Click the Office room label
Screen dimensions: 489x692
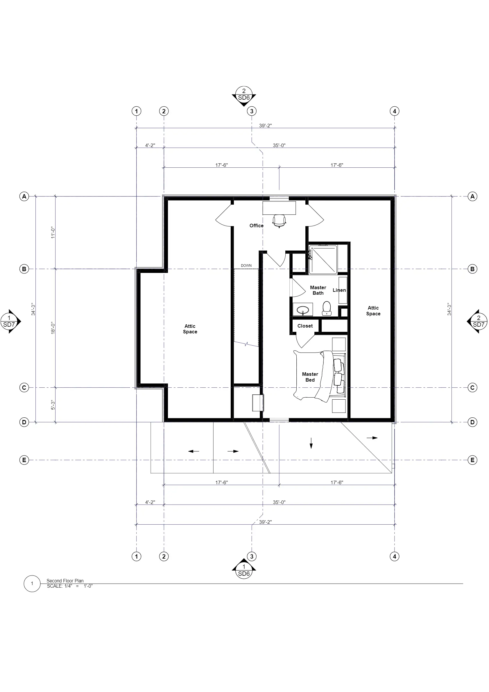256,226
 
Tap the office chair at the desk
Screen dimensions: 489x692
279,221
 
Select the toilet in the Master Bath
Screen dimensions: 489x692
327,308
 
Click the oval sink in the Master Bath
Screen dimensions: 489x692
303,310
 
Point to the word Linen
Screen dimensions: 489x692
339,290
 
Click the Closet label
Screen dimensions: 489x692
305,326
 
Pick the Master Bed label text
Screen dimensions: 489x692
310,377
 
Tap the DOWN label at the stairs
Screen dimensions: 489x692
246,266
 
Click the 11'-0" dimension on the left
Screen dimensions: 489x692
53,233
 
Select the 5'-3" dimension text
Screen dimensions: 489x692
53,405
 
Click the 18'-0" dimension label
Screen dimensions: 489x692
53,328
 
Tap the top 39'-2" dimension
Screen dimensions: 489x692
266,126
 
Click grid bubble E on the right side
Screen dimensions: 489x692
472,460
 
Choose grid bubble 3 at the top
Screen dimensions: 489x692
252,111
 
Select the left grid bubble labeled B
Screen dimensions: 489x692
24,269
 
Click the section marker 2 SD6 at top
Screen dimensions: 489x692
244,96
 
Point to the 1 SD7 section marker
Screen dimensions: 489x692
10,321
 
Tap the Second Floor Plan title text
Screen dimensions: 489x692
65,581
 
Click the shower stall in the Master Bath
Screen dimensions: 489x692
323,260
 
